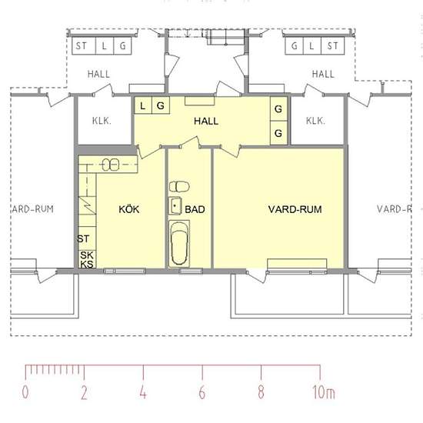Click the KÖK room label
129,209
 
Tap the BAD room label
195,209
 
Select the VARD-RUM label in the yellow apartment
295,209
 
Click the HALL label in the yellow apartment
206,121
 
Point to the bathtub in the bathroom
179,244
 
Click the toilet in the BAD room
179,186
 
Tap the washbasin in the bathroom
175,206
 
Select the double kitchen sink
111,165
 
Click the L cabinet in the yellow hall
143,105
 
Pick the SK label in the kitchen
87,255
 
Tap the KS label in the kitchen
87,264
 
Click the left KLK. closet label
102,121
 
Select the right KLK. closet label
315,121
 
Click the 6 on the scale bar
202,392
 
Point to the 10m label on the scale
324,392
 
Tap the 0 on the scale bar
25,392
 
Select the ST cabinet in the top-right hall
332,46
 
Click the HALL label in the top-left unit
98,74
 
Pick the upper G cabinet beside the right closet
278,109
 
